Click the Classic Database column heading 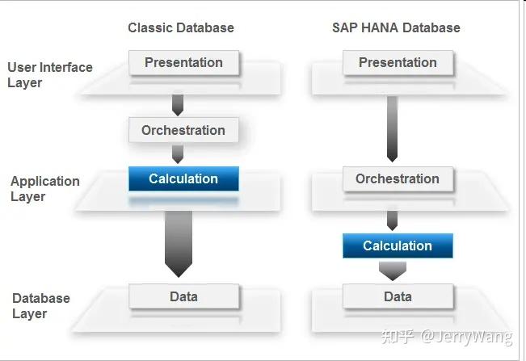point(181,27)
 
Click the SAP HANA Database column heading point(396,27)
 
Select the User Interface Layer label point(50,75)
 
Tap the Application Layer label point(45,189)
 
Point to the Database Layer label point(41,306)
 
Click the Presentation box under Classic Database point(183,62)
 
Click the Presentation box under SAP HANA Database point(398,62)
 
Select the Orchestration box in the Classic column point(183,130)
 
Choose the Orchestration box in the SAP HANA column point(398,178)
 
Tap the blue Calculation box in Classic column point(183,178)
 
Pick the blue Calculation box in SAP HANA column point(398,246)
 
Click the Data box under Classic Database point(183,296)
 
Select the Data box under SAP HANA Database point(398,296)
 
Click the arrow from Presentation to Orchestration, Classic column point(178,104)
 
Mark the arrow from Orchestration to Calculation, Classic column point(178,153)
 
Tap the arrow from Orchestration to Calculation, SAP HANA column point(393,220)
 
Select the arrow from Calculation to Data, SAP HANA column point(393,272)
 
